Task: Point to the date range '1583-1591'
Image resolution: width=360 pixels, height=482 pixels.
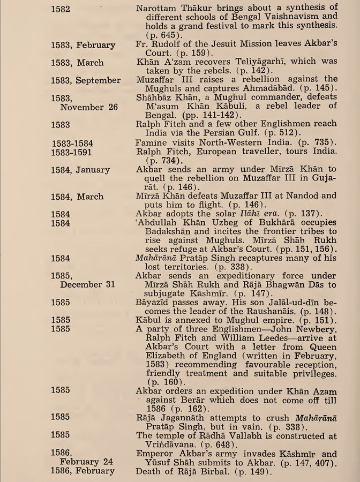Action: pyautogui.click(x=75, y=151)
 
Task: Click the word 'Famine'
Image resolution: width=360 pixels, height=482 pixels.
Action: pyautogui.click(x=152, y=141)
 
